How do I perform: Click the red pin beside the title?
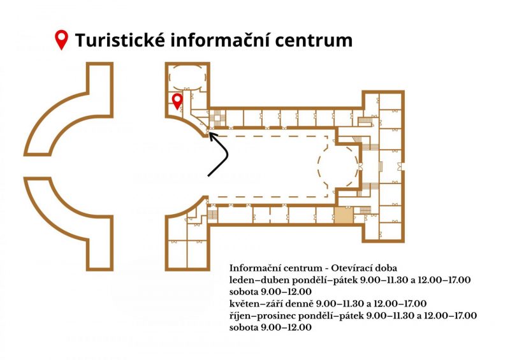click(61, 40)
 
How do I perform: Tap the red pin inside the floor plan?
click(177, 101)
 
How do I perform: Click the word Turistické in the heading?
click(120, 40)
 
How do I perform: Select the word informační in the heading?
click(219, 40)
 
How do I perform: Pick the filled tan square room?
click(344, 215)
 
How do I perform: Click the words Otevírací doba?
click(364, 268)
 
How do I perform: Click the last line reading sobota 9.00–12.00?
click(270, 328)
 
